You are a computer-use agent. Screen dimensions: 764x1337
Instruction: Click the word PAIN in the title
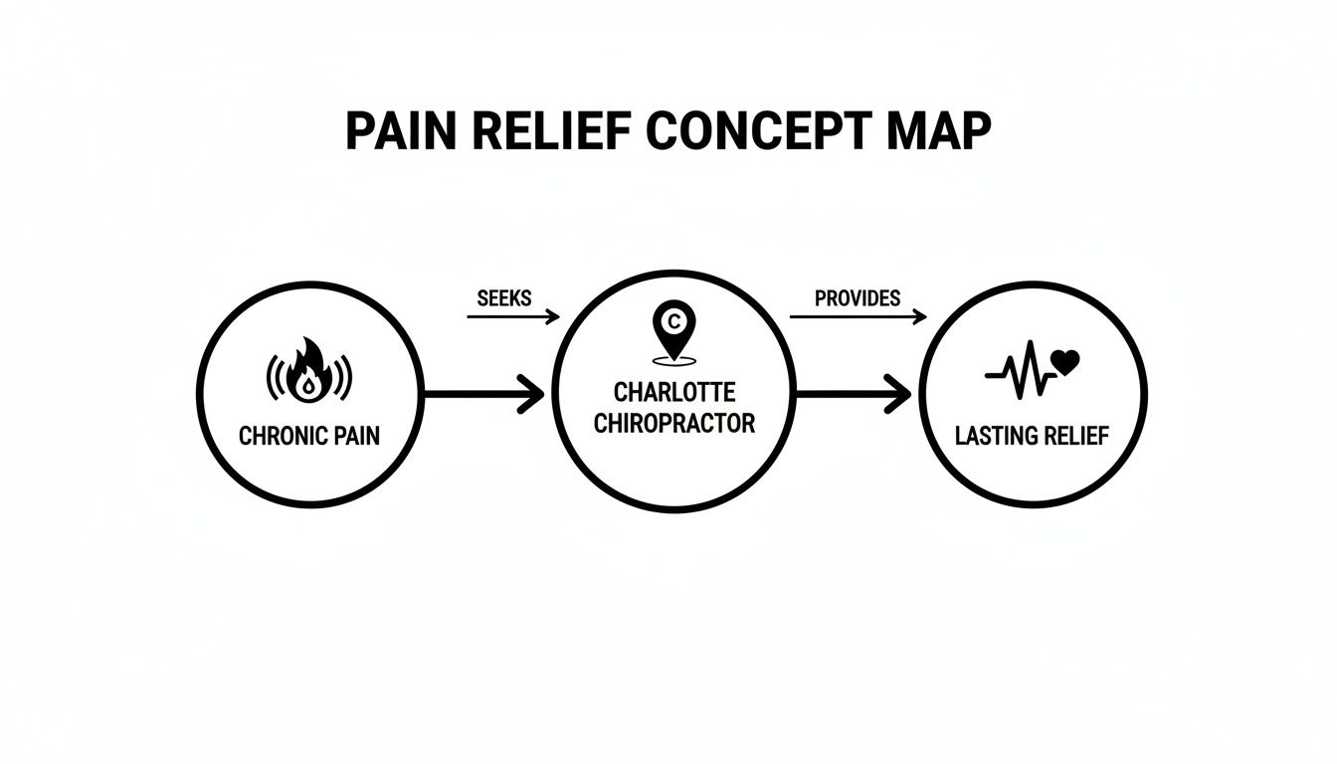pos(402,132)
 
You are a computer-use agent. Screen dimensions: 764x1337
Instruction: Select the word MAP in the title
pos(941,132)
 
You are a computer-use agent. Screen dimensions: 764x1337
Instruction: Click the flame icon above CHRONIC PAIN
pos(308,375)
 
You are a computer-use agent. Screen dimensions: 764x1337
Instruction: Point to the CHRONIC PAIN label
pos(308,437)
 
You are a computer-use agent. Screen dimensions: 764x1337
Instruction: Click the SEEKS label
pos(504,298)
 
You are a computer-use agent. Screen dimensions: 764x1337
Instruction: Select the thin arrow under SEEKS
pos(513,317)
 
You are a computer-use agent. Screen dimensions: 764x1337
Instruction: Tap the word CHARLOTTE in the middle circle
pos(673,392)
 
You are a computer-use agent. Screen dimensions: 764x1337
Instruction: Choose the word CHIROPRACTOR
pos(673,424)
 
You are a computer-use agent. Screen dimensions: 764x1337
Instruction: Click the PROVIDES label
pos(857,298)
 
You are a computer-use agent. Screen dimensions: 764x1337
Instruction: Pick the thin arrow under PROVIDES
pos(858,317)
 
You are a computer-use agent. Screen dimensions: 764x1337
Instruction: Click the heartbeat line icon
pos(1019,370)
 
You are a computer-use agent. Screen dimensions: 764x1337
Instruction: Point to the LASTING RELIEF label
pos(1032,437)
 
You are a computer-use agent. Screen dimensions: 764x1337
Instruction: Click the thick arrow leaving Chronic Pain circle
pos(483,395)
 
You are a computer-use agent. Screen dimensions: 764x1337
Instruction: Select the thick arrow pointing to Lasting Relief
pos(853,395)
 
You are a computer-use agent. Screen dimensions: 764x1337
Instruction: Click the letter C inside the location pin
pos(673,321)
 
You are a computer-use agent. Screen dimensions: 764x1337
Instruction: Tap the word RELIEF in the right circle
pos(1073,437)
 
